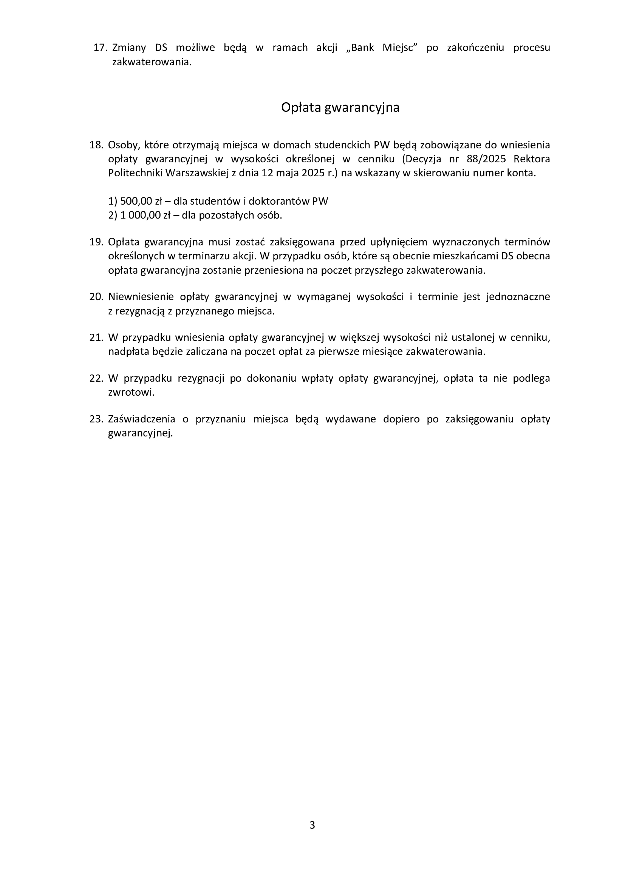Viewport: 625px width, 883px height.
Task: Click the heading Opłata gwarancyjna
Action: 340,107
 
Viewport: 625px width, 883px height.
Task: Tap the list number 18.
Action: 96,145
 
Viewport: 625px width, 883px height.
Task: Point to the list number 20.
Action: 96,297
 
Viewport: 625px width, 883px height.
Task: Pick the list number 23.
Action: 96,419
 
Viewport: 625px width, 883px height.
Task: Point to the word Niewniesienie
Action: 139,297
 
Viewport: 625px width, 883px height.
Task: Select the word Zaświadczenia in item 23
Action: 142,419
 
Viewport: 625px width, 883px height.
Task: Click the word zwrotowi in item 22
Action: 131,393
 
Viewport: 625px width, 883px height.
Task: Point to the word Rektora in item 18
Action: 532,159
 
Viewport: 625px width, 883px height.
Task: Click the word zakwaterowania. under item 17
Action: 152,62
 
